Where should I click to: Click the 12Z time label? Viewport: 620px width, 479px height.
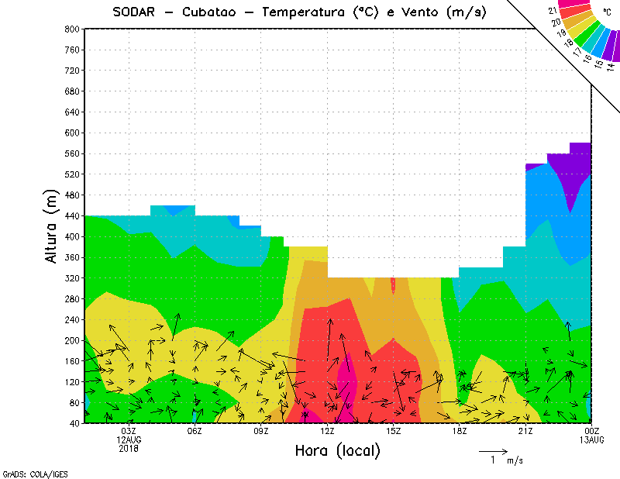(327, 431)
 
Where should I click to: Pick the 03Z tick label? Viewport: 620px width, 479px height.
(129, 431)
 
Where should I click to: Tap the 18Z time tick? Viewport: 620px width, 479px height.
(460, 431)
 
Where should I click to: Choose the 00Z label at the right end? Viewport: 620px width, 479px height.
(592, 431)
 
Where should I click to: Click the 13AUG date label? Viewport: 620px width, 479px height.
(592, 439)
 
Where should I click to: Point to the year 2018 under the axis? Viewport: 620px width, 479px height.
(129, 448)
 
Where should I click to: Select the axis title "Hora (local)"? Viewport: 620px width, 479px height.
(338, 450)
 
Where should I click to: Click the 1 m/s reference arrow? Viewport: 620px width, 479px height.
(493, 450)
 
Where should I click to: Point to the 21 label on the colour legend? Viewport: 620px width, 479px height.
(552, 10)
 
